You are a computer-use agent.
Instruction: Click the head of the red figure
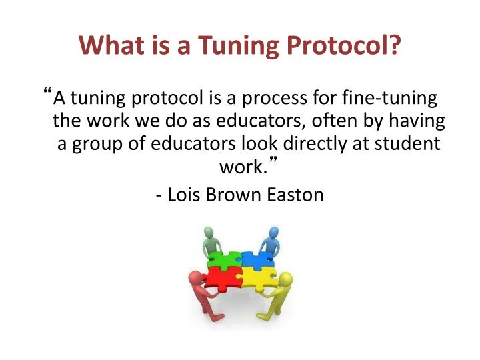196,277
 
